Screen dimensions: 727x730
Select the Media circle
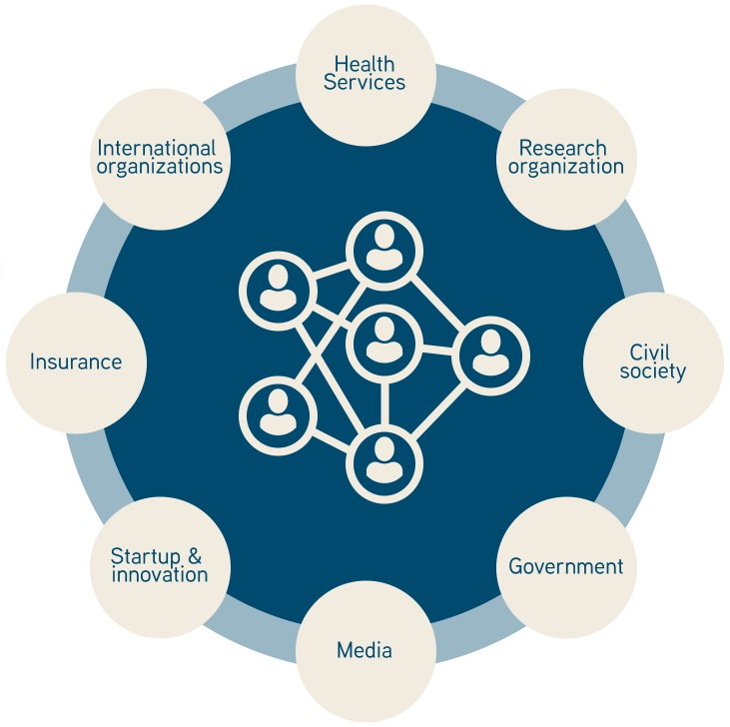tap(365, 651)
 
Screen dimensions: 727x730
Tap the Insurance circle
tap(76, 362)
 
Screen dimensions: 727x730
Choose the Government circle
tap(566, 566)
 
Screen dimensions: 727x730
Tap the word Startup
tap(142, 556)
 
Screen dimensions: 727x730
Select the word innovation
tap(160, 575)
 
